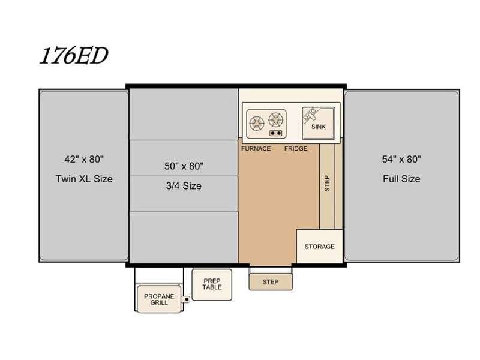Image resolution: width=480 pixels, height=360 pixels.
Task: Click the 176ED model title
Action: (x=74, y=55)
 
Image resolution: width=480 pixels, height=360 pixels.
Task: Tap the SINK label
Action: (x=319, y=127)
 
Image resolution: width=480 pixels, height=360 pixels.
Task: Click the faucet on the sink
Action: (x=310, y=113)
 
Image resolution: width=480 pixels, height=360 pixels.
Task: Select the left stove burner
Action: (x=257, y=123)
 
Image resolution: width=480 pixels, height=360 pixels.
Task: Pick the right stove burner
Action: (x=276, y=119)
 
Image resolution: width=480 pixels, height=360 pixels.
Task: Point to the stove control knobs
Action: (x=276, y=133)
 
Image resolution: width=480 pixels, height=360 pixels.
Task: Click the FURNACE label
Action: (x=256, y=148)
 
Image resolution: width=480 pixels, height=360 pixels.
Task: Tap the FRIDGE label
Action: (x=296, y=148)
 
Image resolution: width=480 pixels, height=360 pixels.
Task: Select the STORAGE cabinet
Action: (x=319, y=246)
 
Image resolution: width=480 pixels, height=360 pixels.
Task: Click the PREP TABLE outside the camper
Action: (x=212, y=284)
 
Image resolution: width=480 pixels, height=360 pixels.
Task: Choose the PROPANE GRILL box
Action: (x=159, y=299)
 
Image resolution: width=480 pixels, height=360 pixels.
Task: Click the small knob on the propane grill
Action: (x=186, y=299)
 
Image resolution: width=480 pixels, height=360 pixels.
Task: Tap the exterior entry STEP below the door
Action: (x=271, y=281)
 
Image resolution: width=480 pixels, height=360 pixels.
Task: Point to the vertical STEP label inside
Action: (x=327, y=184)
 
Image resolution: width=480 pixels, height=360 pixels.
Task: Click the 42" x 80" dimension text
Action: (x=84, y=159)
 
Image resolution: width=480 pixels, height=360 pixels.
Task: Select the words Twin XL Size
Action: (x=84, y=179)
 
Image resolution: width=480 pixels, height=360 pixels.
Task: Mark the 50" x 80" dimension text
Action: (x=184, y=166)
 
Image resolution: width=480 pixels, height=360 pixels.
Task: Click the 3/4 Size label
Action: (x=184, y=185)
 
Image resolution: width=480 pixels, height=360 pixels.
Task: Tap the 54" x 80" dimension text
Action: (x=401, y=159)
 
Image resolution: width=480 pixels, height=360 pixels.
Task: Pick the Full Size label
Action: (x=401, y=179)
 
